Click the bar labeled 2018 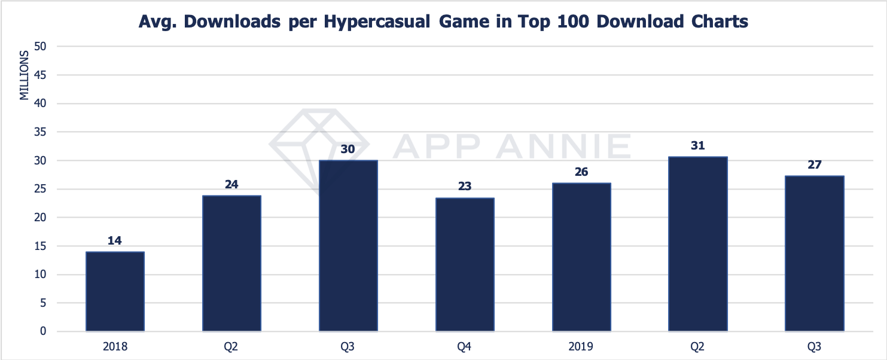115,291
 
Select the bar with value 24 231,263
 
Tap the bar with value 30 348,245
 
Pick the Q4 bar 465,264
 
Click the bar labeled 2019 581,257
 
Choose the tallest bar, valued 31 697,243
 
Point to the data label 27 814,164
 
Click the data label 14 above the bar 115,240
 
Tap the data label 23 465,187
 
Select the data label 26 581,172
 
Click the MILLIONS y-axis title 25,76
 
